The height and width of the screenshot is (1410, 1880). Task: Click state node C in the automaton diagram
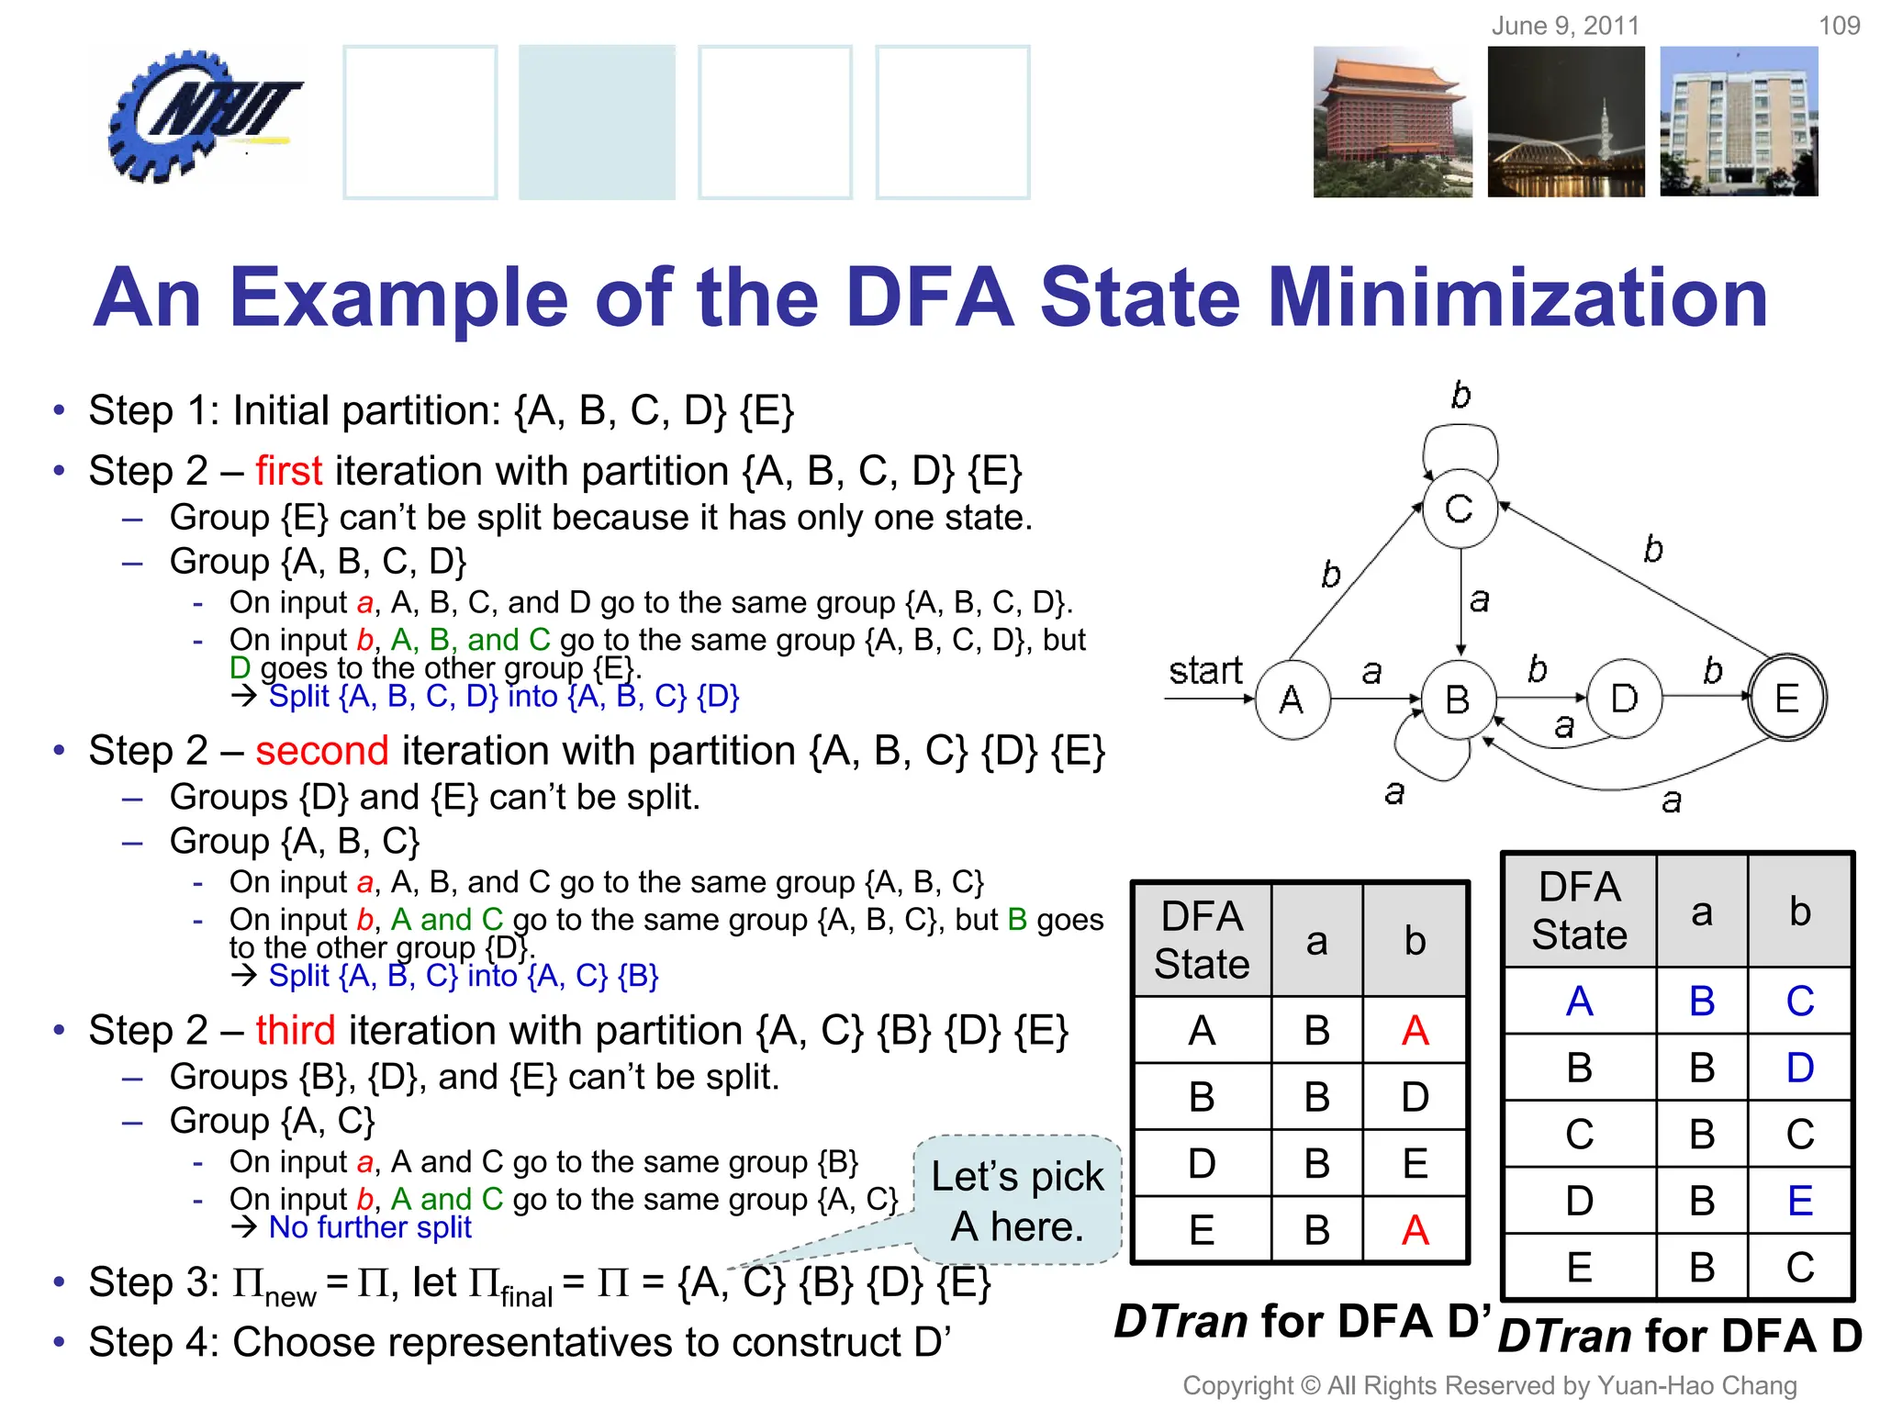1460,509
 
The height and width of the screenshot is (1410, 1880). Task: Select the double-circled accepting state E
1786,699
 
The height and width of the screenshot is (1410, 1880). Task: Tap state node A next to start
1292,699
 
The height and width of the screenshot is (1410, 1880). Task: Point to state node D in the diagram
1624,699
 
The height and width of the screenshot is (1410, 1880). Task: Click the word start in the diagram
1204,671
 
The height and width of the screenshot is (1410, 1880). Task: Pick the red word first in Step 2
288,471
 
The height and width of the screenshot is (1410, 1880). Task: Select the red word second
321,751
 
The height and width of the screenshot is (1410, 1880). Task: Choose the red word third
295,1030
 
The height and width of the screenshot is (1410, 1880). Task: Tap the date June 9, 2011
1565,25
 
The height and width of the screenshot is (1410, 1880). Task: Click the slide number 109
1839,25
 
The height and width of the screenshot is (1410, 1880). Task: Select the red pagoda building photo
1392,122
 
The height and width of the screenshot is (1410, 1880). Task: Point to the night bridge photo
1566,122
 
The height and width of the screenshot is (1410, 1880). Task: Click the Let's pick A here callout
1017,1201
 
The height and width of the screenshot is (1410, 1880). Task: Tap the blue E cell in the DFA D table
1799,1201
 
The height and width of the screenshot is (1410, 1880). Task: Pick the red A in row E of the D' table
1415,1230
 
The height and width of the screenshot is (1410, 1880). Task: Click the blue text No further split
370,1227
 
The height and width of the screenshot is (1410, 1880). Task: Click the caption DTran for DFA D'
1302,1322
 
